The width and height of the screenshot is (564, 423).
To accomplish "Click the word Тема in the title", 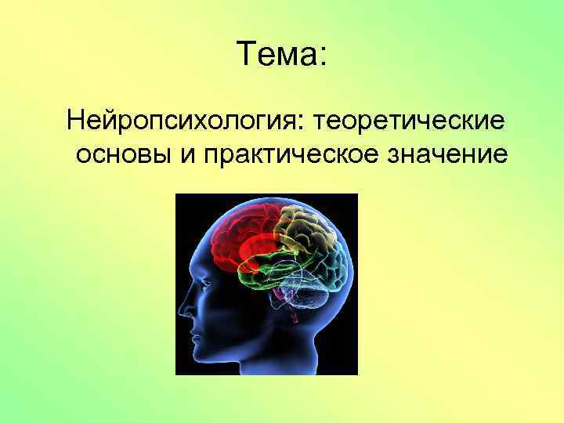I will point(273,56).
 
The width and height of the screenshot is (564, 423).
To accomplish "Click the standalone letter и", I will point(187,157).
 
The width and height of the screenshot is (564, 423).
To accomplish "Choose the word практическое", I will point(294,155).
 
